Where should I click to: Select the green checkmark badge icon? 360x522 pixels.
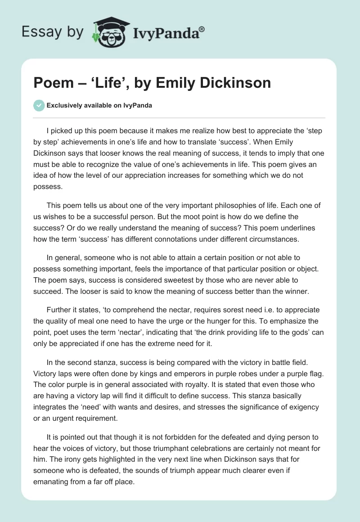tap(39, 105)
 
